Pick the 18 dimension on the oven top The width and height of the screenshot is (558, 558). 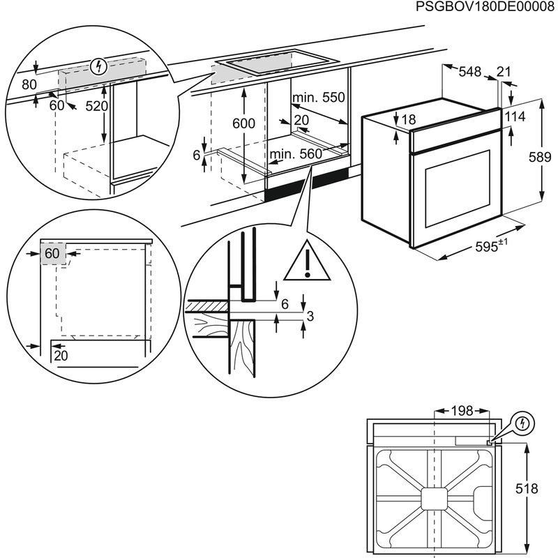tap(408, 120)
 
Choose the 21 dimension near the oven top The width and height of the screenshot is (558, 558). tap(504, 71)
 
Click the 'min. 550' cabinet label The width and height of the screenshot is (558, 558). tap(319, 98)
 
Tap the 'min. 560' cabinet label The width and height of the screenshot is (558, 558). tap(296, 153)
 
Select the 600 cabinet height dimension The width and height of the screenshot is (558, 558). tap(244, 123)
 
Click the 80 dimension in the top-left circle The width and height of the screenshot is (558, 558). tap(29, 85)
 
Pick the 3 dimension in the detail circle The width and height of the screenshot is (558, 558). tap(310, 317)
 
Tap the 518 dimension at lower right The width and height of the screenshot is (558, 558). tap(532, 488)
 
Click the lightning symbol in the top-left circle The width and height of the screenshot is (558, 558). tap(100, 67)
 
